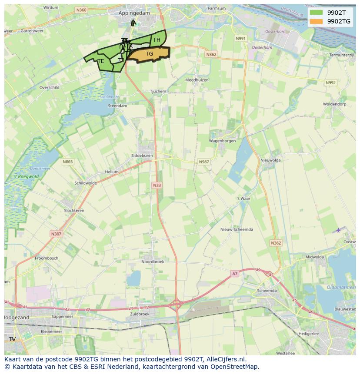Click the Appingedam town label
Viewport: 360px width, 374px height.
coord(134,13)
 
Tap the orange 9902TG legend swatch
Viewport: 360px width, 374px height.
coord(317,21)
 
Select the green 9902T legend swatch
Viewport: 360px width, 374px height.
coord(317,13)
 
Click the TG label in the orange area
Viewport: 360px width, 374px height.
coord(149,54)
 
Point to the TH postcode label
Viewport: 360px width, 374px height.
coord(157,40)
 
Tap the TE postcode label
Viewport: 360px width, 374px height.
coord(101,61)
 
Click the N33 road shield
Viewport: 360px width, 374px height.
coord(157,185)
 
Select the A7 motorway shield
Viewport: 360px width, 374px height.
coord(235,273)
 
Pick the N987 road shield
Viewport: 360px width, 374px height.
coord(204,162)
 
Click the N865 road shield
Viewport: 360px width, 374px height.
coord(67,162)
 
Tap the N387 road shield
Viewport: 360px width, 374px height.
coord(56,234)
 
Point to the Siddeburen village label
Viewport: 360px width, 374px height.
coord(142,156)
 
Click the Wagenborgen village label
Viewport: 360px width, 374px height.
coord(222,141)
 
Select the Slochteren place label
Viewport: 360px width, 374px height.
coord(74,211)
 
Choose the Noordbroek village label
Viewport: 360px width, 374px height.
coord(153,261)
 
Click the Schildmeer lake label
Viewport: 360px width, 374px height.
coord(109,97)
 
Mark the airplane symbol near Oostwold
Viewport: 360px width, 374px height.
coord(339,230)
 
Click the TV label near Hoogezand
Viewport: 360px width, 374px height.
coord(12,339)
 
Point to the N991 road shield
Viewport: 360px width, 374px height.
coord(240,39)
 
